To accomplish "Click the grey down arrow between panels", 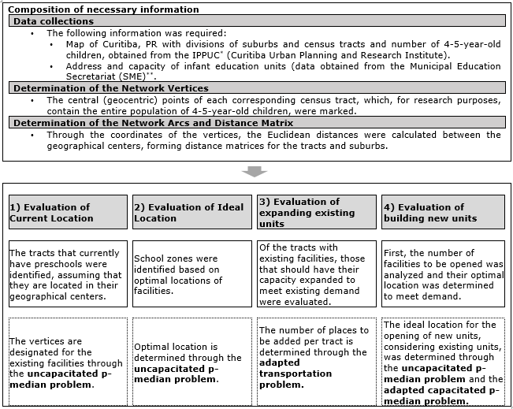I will click(256, 170).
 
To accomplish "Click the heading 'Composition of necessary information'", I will click(105, 9).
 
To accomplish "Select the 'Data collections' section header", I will click(54, 21).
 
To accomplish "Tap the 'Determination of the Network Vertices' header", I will click(111, 88).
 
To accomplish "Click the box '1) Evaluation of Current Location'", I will click(68, 212).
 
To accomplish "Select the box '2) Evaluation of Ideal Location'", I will click(192, 212).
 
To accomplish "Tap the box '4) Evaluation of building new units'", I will click(442, 212).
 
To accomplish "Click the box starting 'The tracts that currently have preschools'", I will click(68, 274).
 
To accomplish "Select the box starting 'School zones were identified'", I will click(192, 274).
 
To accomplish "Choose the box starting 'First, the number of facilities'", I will click(442, 273).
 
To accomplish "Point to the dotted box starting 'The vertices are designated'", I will click(68, 363).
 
